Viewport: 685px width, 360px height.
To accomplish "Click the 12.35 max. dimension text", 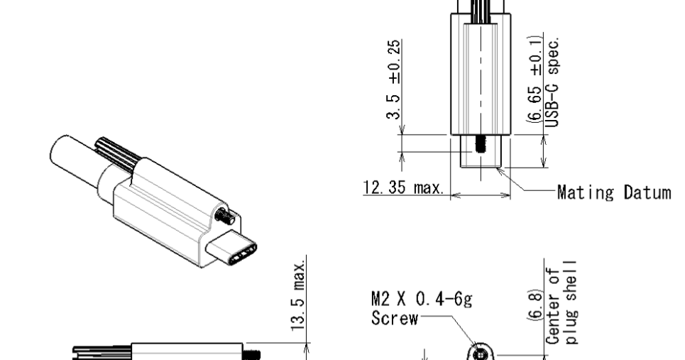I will [x=402, y=189].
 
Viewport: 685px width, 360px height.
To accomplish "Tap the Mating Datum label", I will [x=613, y=192].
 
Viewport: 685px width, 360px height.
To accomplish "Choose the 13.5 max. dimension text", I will [x=301, y=293].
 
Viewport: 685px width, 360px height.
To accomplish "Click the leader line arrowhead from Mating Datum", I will [x=500, y=170].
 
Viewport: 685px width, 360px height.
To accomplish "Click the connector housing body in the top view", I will [x=481, y=78].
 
